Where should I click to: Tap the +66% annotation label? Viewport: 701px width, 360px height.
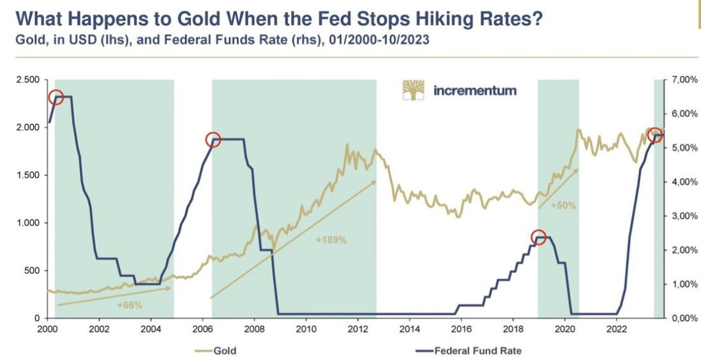[x=129, y=305]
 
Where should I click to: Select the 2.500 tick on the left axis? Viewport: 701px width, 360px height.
[x=28, y=80]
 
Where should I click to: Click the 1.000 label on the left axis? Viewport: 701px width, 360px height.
[x=28, y=223]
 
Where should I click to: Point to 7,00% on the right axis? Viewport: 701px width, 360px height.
[x=682, y=80]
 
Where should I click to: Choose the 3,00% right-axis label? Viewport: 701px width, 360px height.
[x=682, y=216]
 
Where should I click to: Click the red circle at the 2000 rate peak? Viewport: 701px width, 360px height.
[x=56, y=97]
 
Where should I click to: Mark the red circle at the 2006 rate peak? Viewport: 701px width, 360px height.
[x=213, y=140]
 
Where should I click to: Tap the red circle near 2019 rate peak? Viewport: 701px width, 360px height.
[x=538, y=237]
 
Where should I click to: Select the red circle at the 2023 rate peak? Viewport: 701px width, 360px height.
[x=654, y=135]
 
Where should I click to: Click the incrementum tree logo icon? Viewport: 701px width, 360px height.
[x=413, y=90]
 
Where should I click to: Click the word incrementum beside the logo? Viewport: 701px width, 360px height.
[x=475, y=91]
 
